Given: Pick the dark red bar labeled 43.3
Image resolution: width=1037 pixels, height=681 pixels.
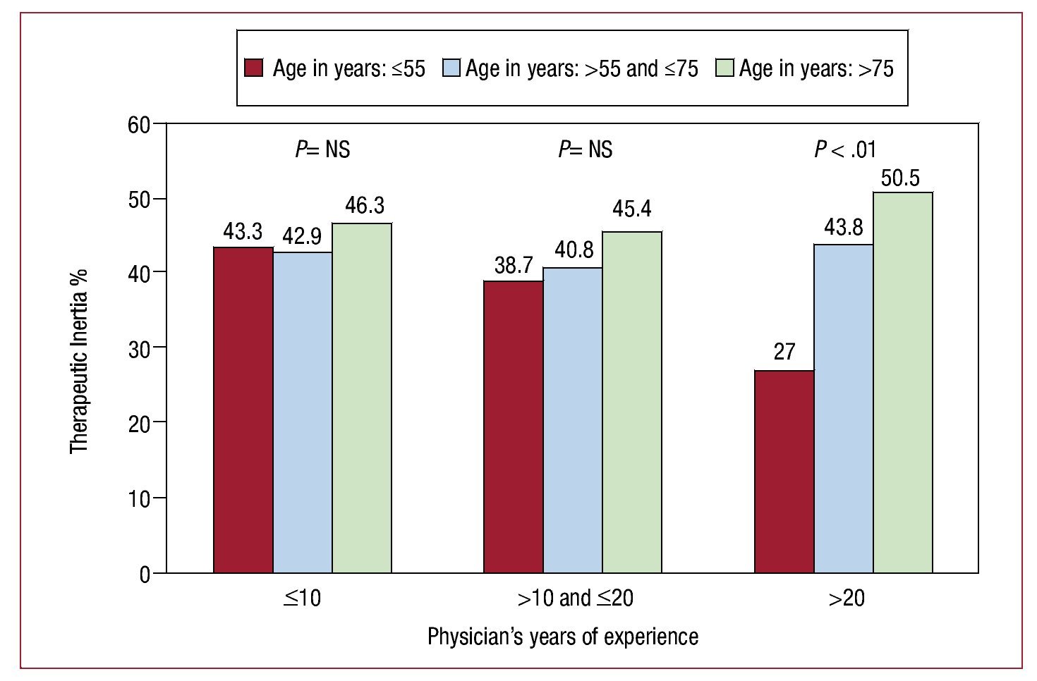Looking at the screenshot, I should (243, 410).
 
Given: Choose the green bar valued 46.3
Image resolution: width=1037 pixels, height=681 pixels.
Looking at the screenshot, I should (362, 398).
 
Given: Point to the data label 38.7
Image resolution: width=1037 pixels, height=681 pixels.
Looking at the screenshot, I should (514, 266).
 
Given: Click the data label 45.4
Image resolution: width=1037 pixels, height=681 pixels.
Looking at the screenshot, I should (632, 209).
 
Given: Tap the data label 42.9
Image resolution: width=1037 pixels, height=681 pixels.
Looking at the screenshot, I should (303, 236).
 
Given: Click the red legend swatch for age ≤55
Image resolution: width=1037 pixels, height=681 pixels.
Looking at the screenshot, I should (254, 68).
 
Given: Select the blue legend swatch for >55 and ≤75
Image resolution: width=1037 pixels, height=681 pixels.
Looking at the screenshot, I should (451, 68).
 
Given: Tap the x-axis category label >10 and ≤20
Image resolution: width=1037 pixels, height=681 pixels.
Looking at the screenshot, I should (576, 599).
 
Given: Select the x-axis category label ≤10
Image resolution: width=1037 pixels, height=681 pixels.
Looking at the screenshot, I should (303, 599).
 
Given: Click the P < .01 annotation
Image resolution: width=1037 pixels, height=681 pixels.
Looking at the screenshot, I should (845, 149).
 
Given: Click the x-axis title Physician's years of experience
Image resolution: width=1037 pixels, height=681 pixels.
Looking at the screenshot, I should (563, 637).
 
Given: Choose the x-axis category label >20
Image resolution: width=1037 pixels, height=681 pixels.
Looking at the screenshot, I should (847, 599).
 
